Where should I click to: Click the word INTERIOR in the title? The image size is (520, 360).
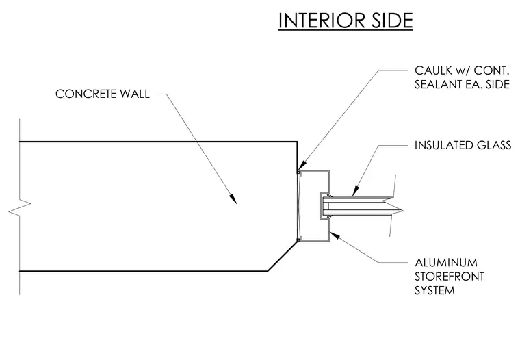pyautogui.click(x=317, y=21)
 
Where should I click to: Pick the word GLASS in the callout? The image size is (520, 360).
pyautogui.click(x=494, y=145)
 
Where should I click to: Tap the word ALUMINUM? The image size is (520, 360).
pyautogui.click(x=446, y=262)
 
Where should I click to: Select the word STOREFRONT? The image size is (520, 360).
pyautogui.click(x=450, y=277)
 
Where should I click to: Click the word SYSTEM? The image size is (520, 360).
pyautogui.click(x=434, y=290)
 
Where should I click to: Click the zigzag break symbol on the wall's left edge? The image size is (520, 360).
pyautogui.click(x=20, y=207)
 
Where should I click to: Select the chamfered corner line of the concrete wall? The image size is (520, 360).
pyautogui.click(x=283, y=255)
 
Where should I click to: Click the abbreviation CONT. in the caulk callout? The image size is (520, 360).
pyautogui.click(x=491, y=70)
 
